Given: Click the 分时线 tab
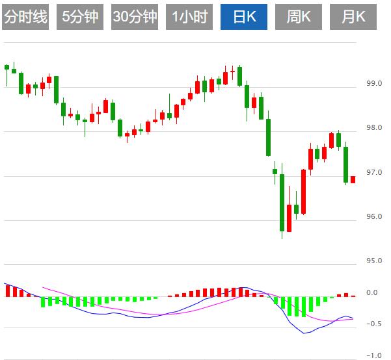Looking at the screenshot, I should click(x=26, y=17).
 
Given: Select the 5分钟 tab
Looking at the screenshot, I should click(x=80, y=17).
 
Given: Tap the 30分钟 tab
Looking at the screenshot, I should click(x=135, y=17).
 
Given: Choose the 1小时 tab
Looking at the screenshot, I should click(x=189, y=17).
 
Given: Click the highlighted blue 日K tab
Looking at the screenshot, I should click(x=244, y=17).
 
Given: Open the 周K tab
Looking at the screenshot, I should click(x=299, y=17).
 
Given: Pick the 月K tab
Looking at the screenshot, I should click(x=353, y=17).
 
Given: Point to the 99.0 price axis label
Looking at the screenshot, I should click(x=374, y=84).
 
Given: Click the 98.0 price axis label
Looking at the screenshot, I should click(x=374, y=128).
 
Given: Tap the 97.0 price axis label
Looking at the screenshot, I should click(x=374, y=172).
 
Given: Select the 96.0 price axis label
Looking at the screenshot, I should click(x=374, y=216).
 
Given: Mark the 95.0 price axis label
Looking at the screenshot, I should click(x=374, y=261).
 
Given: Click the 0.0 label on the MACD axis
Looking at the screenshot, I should click(x=372, y=293).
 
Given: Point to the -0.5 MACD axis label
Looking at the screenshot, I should click(x=372, y=324).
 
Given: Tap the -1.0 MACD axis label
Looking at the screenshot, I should click(x=372, y=355).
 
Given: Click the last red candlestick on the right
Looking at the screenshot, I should click(x=353, y=179).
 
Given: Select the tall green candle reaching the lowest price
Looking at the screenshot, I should click(x=282, y=201).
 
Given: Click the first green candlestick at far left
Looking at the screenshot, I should click(x=7, y=67).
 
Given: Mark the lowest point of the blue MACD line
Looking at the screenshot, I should click(x=304, y=333).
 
